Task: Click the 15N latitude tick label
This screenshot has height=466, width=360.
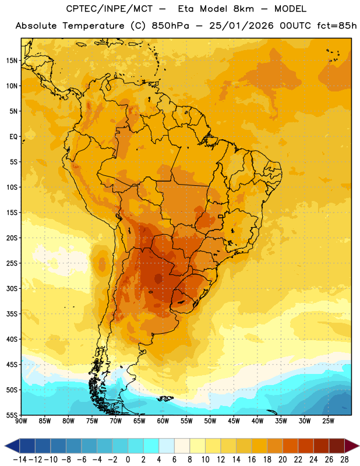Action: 12,61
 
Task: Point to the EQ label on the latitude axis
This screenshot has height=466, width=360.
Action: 13,137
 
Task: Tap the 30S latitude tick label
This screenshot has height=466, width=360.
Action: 12,288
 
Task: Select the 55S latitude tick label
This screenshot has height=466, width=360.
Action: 12,415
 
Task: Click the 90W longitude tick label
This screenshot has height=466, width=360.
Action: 21,421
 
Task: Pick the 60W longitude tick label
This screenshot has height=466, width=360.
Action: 163,421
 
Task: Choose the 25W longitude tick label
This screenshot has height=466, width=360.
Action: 328,421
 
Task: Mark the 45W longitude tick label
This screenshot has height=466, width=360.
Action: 234,421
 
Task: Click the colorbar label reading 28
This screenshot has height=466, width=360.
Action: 344,460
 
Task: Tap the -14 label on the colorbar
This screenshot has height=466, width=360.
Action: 20,460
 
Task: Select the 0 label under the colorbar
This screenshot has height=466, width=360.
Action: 128,460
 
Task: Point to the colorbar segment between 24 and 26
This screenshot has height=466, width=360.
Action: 322,446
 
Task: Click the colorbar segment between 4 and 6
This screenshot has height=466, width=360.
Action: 167,446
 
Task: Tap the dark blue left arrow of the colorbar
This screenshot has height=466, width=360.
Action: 12,446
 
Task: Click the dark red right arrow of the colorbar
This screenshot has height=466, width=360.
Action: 352,446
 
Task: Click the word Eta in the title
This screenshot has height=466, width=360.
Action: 186,9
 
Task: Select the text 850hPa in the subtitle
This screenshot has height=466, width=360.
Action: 170,26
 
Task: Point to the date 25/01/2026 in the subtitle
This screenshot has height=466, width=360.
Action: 241,26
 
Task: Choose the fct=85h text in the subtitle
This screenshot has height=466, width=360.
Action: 337,26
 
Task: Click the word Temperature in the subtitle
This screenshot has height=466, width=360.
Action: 93,26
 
